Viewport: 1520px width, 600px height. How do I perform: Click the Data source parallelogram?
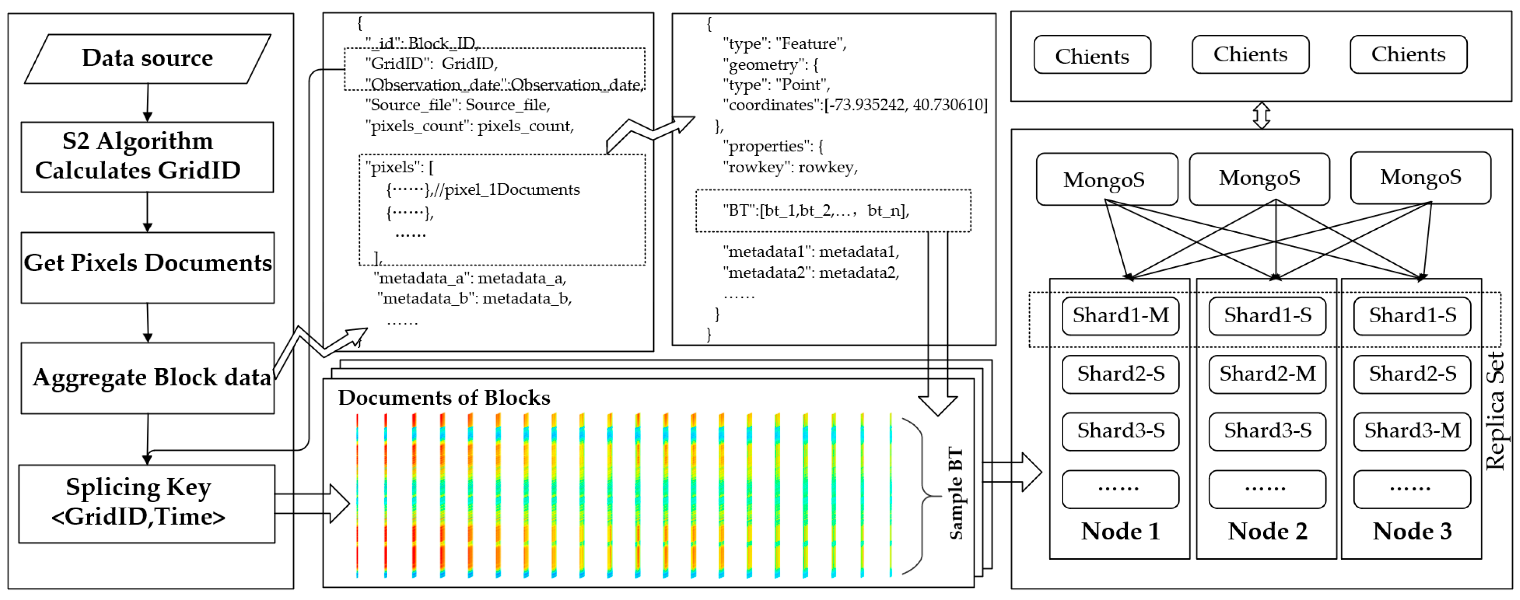click(x=147, y=58)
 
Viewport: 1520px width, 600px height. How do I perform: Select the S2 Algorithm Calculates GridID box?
click(x=147, y=157)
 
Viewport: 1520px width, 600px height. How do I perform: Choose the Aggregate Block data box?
click(x=147, y=377)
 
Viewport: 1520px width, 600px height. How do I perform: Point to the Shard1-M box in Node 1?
click(x=1120, y=316)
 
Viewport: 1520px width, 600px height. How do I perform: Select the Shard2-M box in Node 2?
click(x=1267, y=374)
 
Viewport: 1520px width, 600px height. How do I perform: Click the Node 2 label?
click(x=1267, y=531)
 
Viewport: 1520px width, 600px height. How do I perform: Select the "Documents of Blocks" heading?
click(x=444, y=398)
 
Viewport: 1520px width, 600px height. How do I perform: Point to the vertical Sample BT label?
click(x=955, y=493)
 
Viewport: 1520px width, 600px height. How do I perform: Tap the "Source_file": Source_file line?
click(x=457, y=105)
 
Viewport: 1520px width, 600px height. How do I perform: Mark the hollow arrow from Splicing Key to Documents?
click(x=313, y=503)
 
